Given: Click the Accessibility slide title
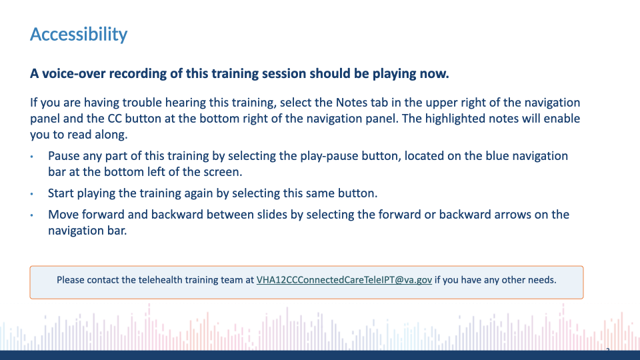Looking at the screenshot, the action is [x=79, y=34].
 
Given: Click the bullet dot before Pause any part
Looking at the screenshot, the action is [x=32, y=156].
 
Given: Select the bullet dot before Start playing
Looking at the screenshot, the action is [x=32, y=194].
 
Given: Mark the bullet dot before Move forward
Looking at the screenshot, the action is [x=32, y=215].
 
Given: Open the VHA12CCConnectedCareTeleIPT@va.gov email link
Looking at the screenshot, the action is [x=344, y=280].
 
